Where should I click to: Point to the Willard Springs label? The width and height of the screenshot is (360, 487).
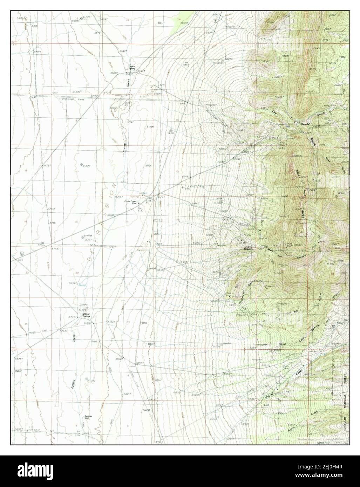[x=86, y=315]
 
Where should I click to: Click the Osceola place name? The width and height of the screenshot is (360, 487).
[x=306, y=124]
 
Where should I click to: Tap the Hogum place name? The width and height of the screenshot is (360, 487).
[x=247, y=249]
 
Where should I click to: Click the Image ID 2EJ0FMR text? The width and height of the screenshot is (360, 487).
[x=333, y=466]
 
